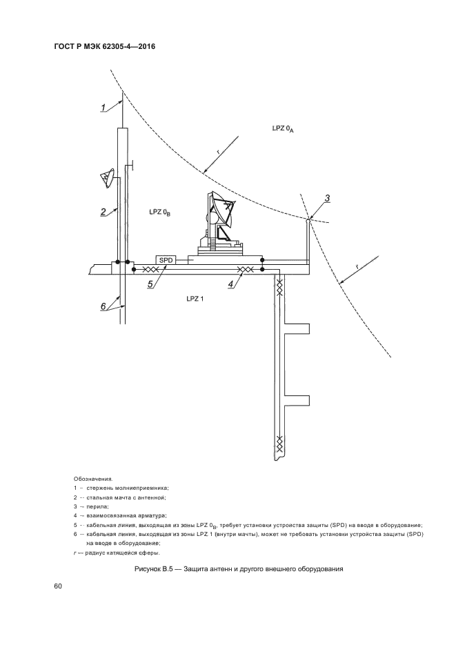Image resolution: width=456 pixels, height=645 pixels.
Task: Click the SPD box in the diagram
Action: [x=166, y=260]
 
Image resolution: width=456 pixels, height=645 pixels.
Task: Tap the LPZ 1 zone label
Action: [x=195, y=298]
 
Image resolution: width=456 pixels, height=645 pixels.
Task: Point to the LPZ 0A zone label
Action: [x=284, y=128]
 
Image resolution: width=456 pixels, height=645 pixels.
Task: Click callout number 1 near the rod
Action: [x=103, y=107]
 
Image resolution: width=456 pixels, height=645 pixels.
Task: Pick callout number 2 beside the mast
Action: [x=103, y=212]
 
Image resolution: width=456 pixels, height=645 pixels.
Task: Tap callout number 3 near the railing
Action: [x=327, y=199]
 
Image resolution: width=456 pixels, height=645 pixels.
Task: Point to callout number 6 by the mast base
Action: [x=103, y=307]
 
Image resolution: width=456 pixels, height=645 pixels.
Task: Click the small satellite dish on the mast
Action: [x=107, y=179]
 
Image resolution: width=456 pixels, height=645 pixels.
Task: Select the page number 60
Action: [x=58, y=586]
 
